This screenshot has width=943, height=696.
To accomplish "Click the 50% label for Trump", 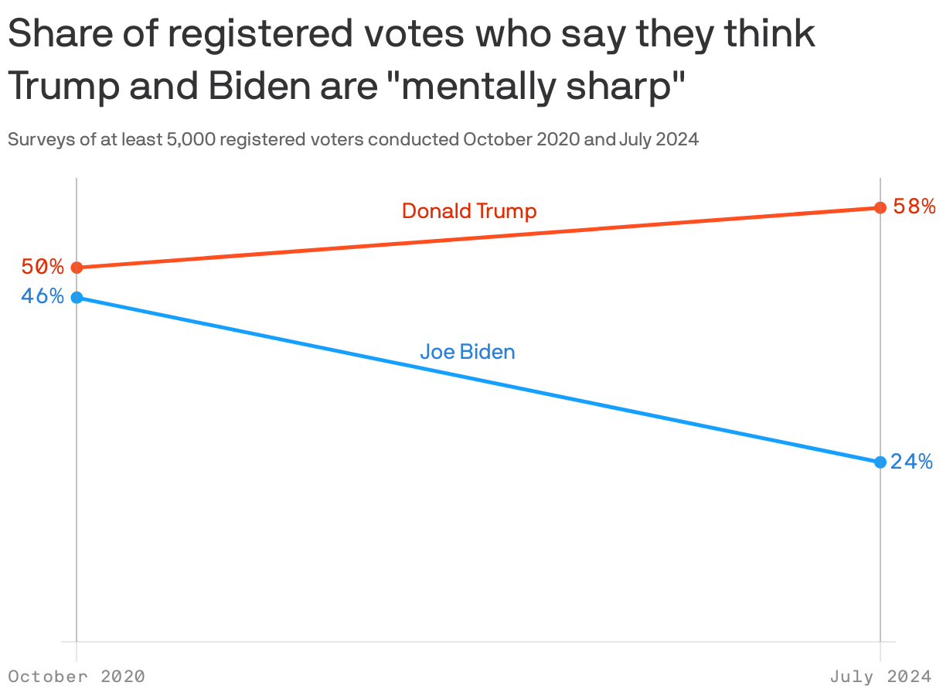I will click(x=43, y=268).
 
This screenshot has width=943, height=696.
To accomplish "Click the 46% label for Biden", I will click(x=43, y=297).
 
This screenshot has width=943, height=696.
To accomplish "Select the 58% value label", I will click(x=914, y=207).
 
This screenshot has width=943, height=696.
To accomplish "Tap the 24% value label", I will click(x=911, y=462).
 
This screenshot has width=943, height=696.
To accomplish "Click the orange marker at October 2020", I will click(x=77, y=268).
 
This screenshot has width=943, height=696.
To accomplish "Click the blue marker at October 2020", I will click(x=77, y=298).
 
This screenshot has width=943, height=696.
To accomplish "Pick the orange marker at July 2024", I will click(x=880, y=207).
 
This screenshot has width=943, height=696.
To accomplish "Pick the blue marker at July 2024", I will click(x=880, y=462).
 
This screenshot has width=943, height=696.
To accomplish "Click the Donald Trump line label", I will click(x=469, y=211).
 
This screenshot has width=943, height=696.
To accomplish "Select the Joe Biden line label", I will click(x=467, y=353).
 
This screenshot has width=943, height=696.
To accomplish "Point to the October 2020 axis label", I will click(x=77, y=677).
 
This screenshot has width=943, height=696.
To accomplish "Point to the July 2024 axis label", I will click(x=880, y=677).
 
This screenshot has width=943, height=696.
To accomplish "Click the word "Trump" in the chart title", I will click(x=63, y=87).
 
